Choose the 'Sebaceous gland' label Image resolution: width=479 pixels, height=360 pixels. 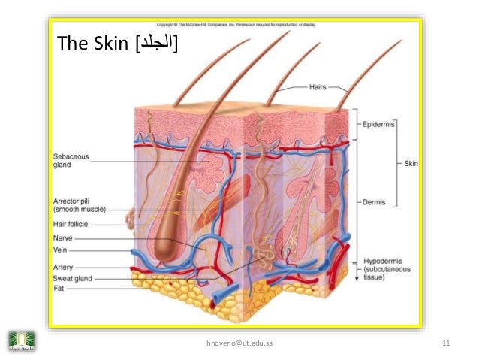click(x=71, y=161)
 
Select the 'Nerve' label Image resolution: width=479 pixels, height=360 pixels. click(x=62, y=238)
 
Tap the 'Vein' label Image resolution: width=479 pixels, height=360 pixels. click(x=60, y=250)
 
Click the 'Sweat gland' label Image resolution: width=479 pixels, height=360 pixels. click(x=73, y=278)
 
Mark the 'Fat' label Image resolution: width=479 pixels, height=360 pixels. click(x=58, y=288)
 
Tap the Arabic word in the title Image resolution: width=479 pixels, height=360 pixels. click(x=154, y=47)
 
